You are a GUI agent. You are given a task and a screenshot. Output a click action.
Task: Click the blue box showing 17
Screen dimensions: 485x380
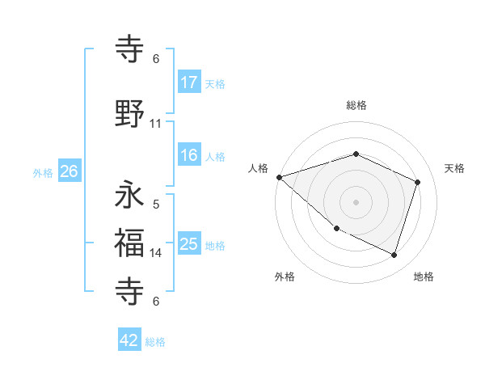click(189, 82)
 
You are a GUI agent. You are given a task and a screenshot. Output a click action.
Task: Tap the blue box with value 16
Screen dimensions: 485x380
click(189, 155)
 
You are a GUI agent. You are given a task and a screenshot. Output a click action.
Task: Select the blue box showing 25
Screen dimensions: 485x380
click(189, 244)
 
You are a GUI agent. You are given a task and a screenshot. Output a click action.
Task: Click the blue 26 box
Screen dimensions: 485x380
click(69, 171)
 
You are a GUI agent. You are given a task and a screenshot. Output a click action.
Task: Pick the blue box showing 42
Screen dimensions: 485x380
click(129, 340)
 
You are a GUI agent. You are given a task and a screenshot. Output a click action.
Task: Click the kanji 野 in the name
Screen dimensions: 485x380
click(130, 115)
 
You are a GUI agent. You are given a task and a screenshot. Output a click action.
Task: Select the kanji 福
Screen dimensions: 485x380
click(130, 242)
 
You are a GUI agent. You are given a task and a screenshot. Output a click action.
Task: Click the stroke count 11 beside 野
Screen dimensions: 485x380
click(156, 124)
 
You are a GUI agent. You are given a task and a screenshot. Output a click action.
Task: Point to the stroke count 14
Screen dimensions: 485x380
click(156, 253)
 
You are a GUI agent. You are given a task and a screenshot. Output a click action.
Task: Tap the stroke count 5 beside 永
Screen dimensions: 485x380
click(156, 204)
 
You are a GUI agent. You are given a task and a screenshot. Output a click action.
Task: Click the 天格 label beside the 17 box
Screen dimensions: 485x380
click(215, 83)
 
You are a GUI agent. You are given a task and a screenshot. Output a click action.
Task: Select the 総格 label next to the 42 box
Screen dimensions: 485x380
click(155, 342)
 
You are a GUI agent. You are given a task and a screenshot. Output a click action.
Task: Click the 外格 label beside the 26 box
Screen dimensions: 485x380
click(42, 172)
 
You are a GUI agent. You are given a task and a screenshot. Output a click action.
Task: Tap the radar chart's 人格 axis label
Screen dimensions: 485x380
click(259, 168)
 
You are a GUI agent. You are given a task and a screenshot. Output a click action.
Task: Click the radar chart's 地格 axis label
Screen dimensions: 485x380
click(424, 277)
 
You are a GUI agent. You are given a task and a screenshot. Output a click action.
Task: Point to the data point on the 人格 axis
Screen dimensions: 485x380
click(279, 177)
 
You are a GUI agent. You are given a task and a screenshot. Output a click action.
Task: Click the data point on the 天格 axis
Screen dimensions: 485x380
click(417, 182)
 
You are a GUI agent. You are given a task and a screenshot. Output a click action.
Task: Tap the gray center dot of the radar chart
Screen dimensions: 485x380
click(356, 201)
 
